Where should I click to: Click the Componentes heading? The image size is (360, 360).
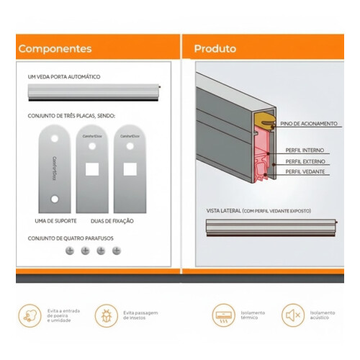click(55, 49)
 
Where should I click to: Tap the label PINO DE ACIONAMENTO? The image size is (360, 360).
click(308, 124)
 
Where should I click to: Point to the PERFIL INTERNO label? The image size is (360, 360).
click(305, 150)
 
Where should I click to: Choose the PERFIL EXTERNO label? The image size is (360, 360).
click(305, 161)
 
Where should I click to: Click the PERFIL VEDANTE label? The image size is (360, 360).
click(305, 171)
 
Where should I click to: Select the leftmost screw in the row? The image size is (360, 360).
click(70, 251)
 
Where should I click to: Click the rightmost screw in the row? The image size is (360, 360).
click(117, 251)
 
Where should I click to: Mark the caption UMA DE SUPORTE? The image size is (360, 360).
click(56, 220)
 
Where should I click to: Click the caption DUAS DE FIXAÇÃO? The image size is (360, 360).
click(113, 220)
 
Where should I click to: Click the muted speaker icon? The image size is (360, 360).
click(292, 315)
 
